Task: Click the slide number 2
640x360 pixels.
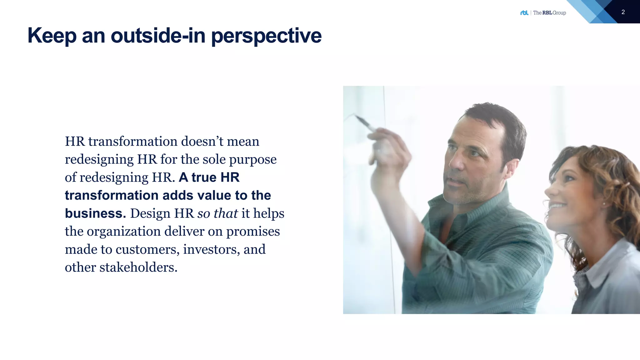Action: click(x=623, y=12)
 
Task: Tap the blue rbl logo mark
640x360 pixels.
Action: click(x=524, y=13)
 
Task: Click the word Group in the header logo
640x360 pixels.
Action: click(x=559, y=13)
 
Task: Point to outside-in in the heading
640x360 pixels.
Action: click(x=158, y=36)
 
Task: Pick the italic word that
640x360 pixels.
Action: click(x=226, y=213)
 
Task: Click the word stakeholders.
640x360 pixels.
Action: click(x=138, y=267)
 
